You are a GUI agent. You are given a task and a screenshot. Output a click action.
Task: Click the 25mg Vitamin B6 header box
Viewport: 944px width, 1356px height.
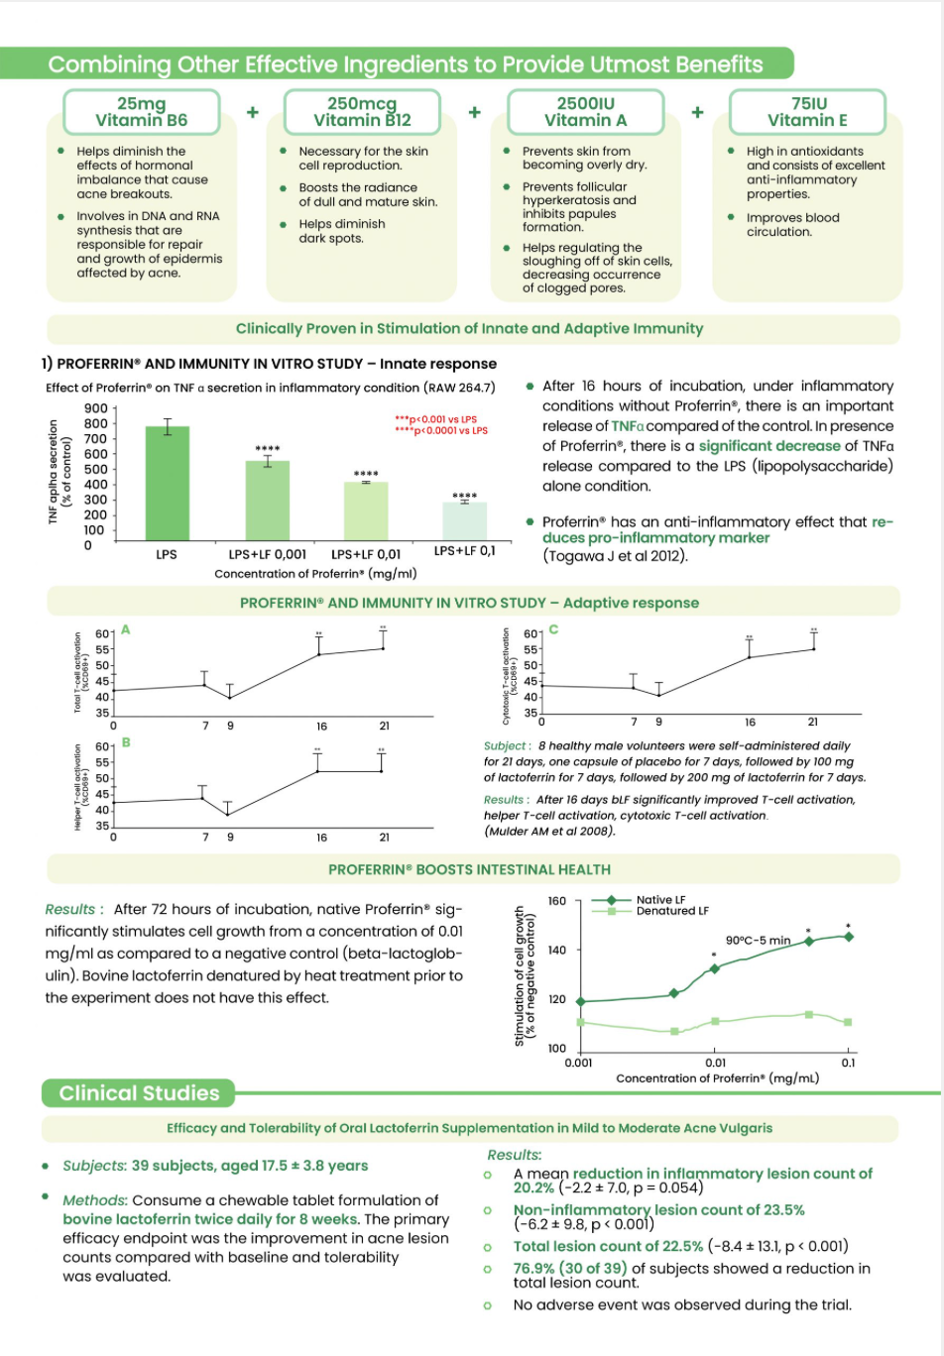(142, 112)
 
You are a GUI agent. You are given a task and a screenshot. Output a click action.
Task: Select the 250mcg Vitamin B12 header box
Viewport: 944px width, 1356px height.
(362, 112)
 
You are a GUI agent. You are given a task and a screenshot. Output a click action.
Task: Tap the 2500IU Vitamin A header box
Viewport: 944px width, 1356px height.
(585, 112)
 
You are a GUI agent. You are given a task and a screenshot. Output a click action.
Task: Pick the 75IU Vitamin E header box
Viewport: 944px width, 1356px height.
(808, 112)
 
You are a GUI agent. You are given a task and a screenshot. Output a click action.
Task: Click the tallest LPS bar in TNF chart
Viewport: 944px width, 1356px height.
(168, 484)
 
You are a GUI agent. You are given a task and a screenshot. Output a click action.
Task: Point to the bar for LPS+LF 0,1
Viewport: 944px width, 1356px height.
(464, 520)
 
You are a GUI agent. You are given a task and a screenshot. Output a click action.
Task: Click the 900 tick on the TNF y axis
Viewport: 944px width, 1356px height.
(96, 408)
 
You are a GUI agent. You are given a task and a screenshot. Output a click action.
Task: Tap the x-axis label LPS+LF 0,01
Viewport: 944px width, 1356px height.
(366, 554)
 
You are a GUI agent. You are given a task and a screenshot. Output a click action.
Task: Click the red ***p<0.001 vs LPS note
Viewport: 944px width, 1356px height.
(435, 419)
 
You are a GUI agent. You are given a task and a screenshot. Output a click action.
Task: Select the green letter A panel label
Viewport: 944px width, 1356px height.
(126, 629)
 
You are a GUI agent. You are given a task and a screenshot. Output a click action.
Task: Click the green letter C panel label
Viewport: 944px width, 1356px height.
(553, 629)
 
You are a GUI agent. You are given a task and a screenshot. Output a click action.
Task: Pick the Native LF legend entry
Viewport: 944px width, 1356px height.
(660, 900)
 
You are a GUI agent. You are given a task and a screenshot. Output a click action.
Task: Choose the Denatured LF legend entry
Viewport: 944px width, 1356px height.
(672, 911)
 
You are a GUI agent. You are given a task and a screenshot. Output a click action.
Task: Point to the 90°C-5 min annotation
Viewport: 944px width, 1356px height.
(759, 941)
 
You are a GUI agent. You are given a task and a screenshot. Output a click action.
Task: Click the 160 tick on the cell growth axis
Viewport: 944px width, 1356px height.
(557, 901)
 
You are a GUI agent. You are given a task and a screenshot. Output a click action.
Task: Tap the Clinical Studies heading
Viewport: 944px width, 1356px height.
(139, 1093)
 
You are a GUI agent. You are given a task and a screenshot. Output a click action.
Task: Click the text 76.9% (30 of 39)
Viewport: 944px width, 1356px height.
(570, 1268)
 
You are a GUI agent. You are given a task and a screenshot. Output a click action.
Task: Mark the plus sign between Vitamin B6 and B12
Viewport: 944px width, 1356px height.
(253, 112)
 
